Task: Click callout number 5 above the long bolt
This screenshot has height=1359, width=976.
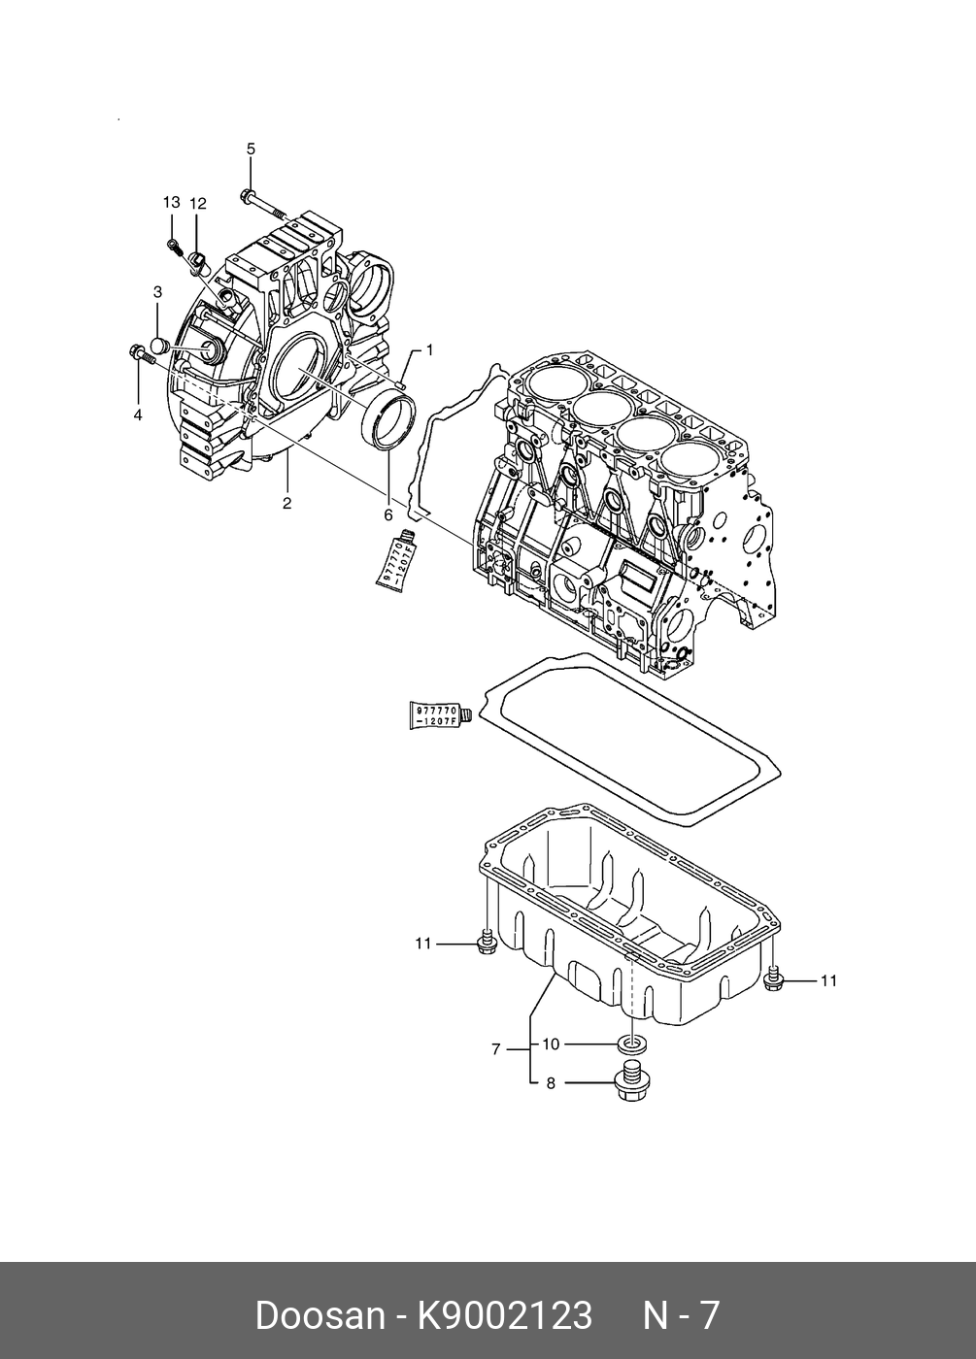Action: tap(251, 149)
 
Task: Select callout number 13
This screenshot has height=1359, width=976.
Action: tap(171, 202)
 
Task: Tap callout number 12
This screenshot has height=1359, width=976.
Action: tap(198, 203)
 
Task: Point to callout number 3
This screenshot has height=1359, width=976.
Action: tap(157, 291)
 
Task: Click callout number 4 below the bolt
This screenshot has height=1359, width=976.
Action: tap(138, 414)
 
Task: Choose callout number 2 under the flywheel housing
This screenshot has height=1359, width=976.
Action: tap(287, 503)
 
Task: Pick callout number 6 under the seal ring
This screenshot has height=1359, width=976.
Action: tap(387, 514)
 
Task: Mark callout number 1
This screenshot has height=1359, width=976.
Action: tap(429, 348)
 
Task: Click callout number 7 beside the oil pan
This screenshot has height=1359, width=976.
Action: tap(495, 1049)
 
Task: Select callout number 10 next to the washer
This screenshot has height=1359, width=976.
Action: tap(551, 1044)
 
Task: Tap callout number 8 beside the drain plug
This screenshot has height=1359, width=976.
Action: tap(551, 1082)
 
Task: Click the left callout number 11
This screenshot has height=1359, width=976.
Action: tap(422, 943)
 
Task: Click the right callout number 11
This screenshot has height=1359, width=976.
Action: tap(828, 980)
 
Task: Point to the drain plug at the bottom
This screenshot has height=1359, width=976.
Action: tap(631, 1081)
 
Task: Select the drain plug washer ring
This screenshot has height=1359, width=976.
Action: tap(632, 1044)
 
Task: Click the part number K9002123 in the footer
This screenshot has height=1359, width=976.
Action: tap(504, 1315)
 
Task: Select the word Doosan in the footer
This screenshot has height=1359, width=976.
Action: tap(320, 1315)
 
